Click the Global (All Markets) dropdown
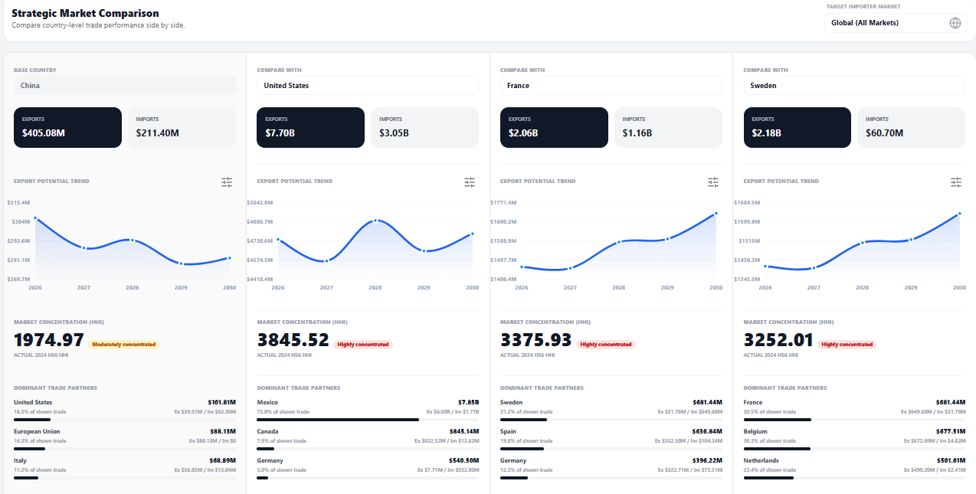896,23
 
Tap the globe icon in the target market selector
955,23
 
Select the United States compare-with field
367,85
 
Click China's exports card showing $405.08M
67,127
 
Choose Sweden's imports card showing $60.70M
911,127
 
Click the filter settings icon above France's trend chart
712,182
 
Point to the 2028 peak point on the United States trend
375,221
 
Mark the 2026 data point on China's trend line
35,218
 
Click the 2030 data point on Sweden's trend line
959,214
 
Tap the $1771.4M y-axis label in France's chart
503,202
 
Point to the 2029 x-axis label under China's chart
181,287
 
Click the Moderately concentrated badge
124,345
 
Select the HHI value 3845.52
293,340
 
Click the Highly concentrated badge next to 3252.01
847,345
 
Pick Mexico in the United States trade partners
267,402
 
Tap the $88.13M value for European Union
223,431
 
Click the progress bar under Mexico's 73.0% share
338,420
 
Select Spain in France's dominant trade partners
508,431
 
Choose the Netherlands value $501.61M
951,460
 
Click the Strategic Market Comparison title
85,13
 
